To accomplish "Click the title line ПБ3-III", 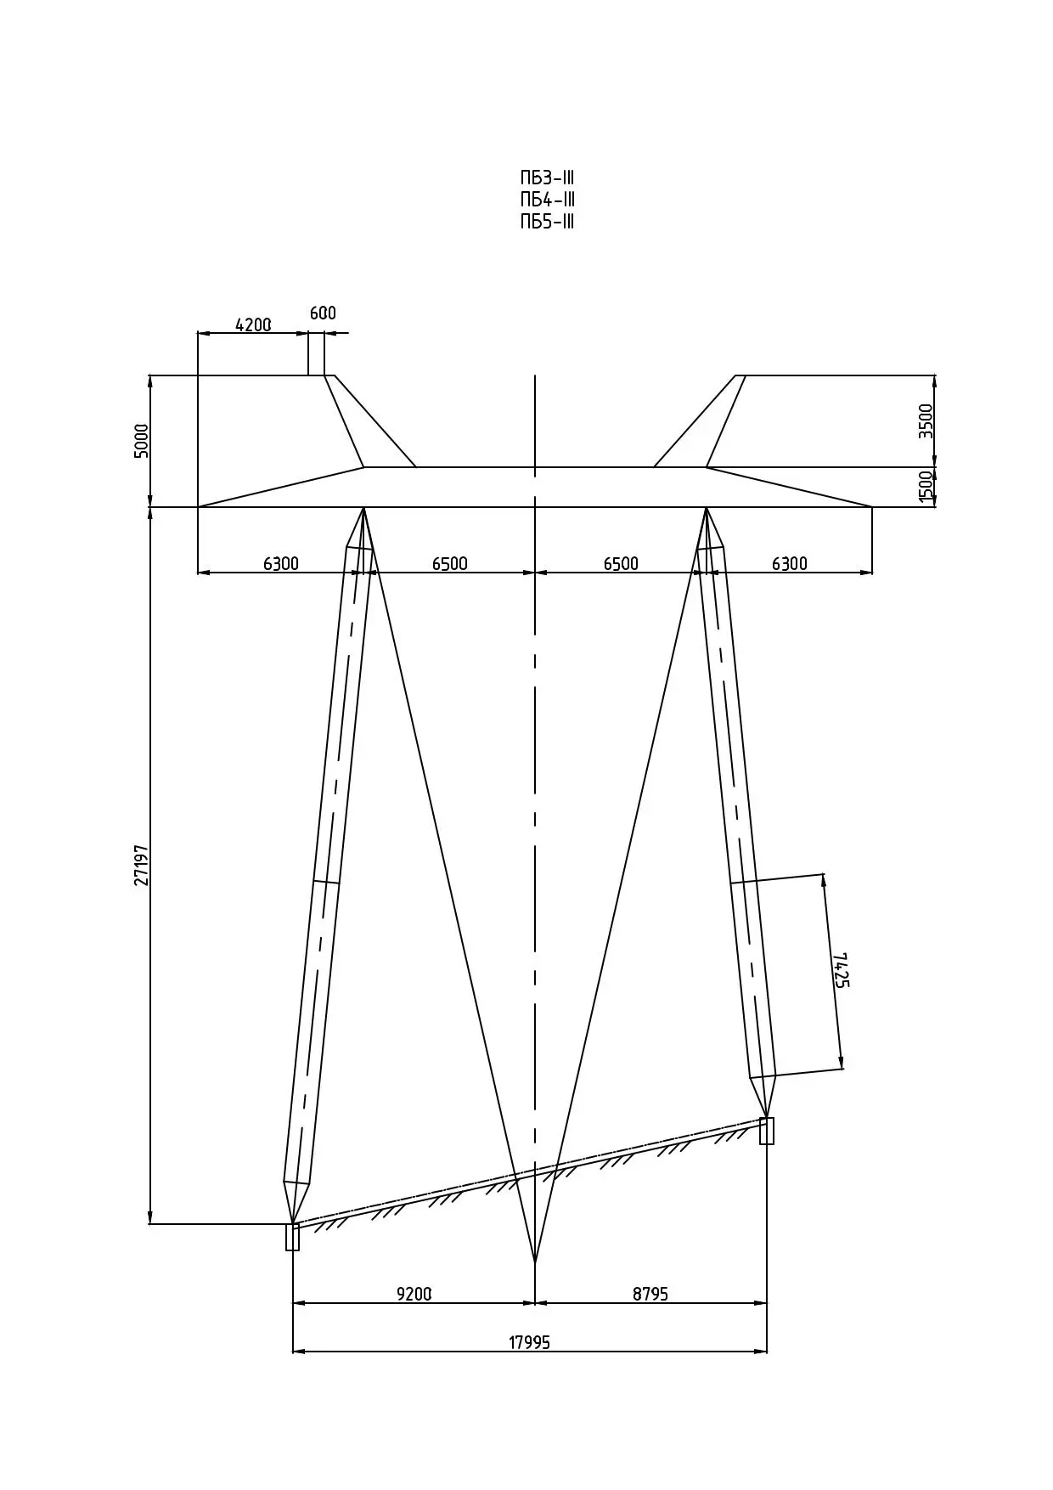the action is (548, 178).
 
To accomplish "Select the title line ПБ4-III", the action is (548, 200).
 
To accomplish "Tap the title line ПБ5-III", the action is (548, 223).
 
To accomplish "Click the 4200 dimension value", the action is (253, 325).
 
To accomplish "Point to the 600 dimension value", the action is (323, 313).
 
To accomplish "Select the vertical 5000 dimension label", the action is (142, 441).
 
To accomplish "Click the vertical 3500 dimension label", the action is (926, 421).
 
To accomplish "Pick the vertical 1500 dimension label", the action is (926, 487).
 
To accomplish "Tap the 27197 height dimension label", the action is (142, 865).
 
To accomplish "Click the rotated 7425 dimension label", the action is (841, 970).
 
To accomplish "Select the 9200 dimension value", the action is (414, 1294).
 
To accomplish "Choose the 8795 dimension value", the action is (650, 1294).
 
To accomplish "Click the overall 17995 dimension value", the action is (530, 1342).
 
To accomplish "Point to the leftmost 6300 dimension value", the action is (281, 564).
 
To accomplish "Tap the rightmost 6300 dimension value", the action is (790, 564).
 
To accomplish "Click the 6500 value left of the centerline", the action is (450, 564).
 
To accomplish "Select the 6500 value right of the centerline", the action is (621, 564).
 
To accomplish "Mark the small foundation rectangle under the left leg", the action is (292, 1237).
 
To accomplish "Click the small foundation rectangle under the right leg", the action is (767, 1131).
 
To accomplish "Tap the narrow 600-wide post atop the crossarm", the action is (316, 353).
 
